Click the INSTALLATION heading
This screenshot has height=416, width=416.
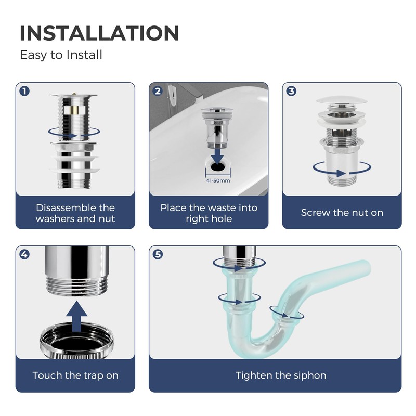pos(99,33)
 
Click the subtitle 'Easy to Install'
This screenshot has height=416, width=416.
pos(61,55)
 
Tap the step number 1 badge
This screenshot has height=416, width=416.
pos(24,91)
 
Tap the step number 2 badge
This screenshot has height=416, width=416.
pos(158,91)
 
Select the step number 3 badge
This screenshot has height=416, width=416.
pos(291,91)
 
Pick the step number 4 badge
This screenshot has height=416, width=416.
pos(24,254)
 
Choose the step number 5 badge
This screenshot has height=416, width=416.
pos(158,254)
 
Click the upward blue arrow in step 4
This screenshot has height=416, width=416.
pos(76,316)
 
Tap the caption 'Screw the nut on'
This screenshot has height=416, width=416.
pos(342,212)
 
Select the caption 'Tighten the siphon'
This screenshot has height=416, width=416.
pos(281,375)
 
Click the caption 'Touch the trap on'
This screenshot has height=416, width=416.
pos(75,375)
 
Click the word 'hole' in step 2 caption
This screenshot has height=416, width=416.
pos(221,218)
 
